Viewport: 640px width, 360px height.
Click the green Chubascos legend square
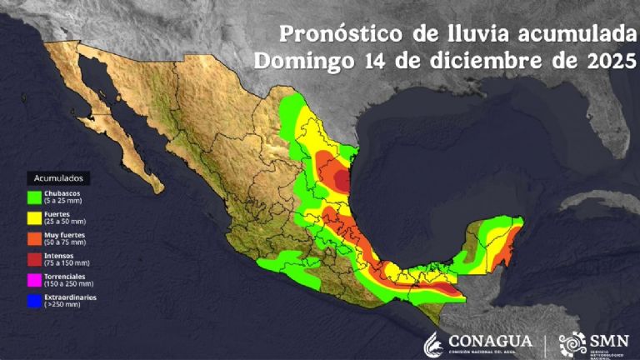[34, 197]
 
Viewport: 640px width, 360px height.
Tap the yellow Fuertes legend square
[34, 217]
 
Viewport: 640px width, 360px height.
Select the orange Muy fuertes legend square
[34, 238]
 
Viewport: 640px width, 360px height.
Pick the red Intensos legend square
[34, 259]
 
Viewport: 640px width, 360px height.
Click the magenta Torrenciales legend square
[34, 280]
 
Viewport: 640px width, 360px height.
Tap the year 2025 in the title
[608, 62]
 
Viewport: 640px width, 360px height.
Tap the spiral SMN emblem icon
[572, 343]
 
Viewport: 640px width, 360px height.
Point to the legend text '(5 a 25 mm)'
[62, 202]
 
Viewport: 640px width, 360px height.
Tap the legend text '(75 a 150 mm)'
[65, 263]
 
